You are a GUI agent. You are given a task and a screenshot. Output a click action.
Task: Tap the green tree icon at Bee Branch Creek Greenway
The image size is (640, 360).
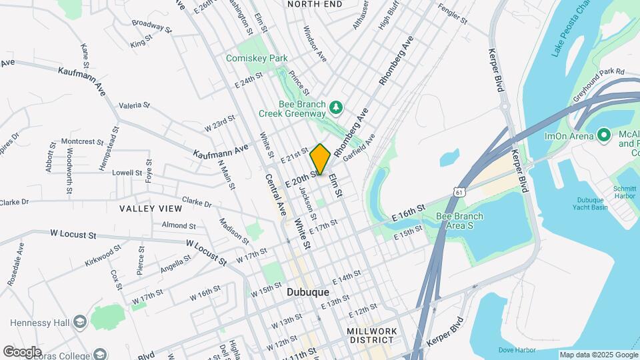[x=337, y=107]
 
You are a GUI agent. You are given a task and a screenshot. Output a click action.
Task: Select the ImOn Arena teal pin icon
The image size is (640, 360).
[x=604, y=135]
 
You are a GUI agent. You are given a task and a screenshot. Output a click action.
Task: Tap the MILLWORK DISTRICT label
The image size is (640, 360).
[x=372, y=337]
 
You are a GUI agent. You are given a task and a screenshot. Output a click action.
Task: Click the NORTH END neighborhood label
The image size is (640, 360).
[x=314, y=4]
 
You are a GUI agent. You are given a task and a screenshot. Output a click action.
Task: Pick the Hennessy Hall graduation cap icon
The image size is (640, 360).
[x=80, y=322]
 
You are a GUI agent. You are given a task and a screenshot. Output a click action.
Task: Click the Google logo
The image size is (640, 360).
[x=22, y=351]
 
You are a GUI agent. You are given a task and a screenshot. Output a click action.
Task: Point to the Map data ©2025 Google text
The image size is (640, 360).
[x=599, y=355]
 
